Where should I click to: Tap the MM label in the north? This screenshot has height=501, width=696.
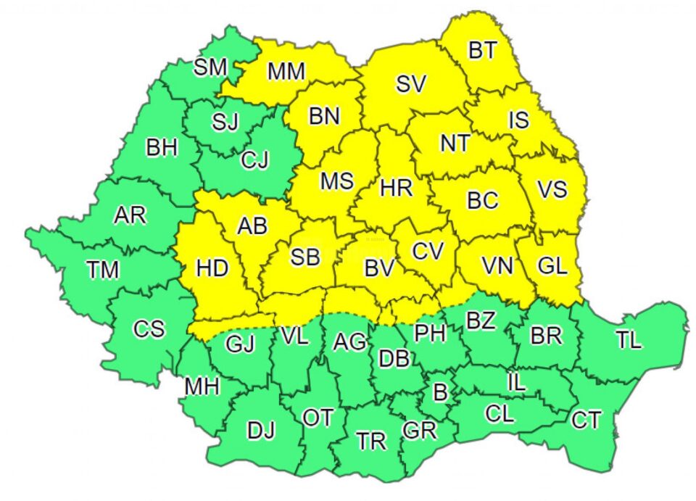point(286,71)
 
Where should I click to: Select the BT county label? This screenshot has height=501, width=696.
point(483,50)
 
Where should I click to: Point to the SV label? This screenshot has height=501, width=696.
point(411,84)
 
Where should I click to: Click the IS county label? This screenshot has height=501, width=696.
point(518,120)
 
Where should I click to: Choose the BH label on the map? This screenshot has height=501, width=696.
point(162,149)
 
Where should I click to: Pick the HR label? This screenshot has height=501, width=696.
point(396,189)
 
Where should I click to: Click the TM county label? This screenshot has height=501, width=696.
point(103,270)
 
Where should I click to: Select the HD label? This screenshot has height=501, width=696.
point(212,268)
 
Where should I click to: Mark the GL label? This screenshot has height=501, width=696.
point(552,265)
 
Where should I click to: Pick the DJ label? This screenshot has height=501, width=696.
point(261,431)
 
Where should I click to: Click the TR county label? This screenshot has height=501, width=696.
point(371,441)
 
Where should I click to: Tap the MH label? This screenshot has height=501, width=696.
point(202,386)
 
